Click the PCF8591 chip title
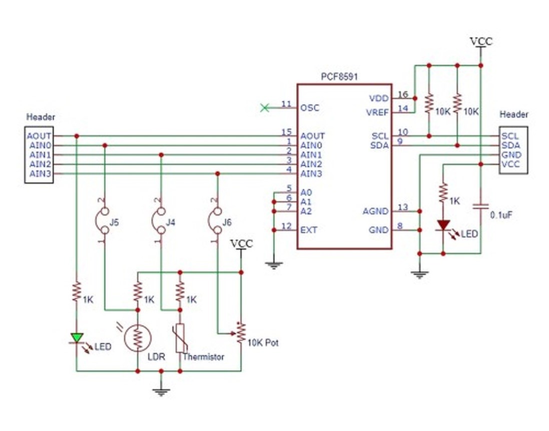(339, 77)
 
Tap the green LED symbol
(77, 338)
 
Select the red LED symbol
(443, 225)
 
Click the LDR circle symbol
(138, 338)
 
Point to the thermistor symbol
(180, 338)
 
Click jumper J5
(104, 221)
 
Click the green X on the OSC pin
(265, 108)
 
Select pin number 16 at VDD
(403, 94)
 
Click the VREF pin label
(377, 113)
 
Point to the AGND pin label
(376, 211)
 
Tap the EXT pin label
(309, 230)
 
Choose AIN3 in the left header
(40, 173)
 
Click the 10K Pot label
(263, 343)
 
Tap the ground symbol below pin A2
(274, 265)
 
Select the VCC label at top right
(481, 42)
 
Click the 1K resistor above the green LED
(77, 291)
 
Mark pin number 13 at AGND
(403, 207)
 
